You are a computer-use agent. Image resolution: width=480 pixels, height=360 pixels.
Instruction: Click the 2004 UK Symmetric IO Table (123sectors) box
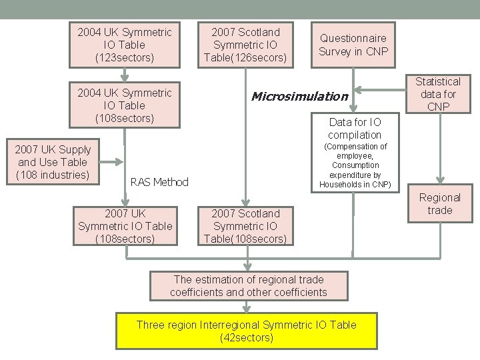125,45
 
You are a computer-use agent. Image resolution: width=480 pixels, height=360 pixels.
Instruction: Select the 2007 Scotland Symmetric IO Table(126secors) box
245,45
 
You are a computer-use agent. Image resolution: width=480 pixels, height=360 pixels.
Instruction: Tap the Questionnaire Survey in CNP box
353,45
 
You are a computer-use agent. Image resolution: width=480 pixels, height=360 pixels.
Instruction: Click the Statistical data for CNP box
438,94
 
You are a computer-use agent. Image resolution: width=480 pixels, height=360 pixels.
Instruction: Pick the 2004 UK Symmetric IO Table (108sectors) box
125,105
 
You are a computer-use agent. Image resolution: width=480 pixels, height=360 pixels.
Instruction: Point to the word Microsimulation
299,97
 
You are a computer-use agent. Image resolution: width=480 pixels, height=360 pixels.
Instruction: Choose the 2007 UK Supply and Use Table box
53,162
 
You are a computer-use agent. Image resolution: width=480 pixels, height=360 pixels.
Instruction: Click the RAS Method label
159,182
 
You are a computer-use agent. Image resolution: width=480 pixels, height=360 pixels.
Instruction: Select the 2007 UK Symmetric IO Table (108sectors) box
125,226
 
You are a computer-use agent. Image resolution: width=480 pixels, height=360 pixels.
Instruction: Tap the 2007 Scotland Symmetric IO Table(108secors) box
245,226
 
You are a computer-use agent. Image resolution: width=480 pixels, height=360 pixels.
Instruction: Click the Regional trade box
439,204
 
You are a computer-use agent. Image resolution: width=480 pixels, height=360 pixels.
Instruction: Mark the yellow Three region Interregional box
246,331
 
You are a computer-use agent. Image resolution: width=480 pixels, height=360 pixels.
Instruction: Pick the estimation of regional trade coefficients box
248,285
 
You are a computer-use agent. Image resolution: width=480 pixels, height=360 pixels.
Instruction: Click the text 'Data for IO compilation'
355,128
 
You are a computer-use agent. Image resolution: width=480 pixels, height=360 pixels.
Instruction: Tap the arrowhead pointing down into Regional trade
439,180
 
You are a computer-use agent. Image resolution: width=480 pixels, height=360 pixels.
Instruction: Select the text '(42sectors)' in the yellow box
246,338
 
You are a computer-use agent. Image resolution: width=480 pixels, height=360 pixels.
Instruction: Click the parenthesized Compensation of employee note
355,165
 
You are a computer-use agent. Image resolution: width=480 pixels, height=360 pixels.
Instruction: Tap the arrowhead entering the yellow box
247,307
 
